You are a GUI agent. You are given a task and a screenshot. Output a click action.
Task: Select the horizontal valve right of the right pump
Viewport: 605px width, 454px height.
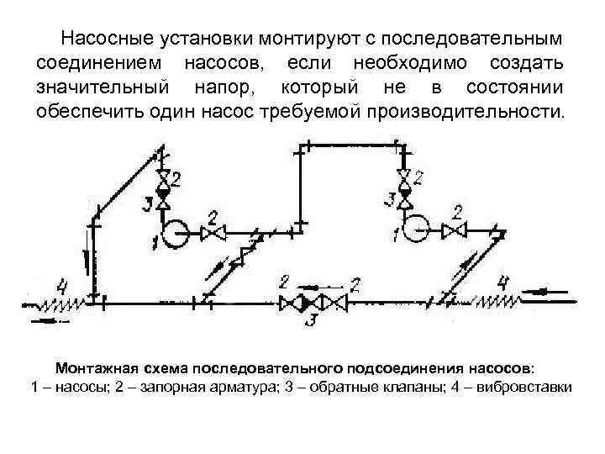[456, 229]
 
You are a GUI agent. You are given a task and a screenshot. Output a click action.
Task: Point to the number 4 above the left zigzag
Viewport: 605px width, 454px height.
[62, 283]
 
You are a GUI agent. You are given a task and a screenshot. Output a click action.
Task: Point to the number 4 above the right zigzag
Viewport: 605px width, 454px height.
[503, 281]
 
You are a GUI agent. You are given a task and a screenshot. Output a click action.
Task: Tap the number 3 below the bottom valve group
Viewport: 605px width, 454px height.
[313, 319]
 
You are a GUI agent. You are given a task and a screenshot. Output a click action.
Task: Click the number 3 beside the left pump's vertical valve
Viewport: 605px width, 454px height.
[148, 203]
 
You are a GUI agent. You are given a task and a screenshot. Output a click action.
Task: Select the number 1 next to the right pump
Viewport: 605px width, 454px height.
[394, 233]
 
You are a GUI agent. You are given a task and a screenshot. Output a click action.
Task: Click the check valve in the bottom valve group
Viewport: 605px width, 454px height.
[313, 302]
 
